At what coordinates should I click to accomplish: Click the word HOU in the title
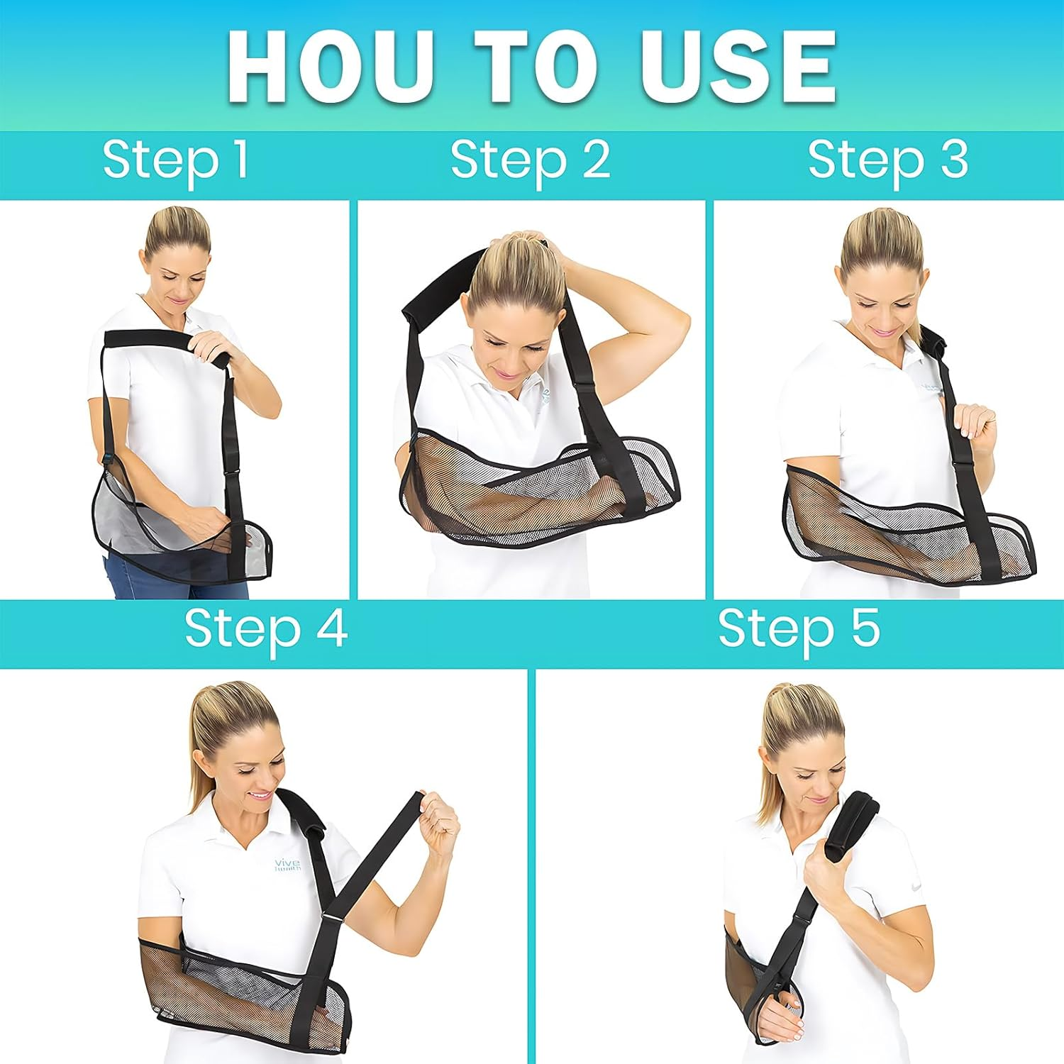point(330,67)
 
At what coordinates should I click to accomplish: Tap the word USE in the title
point(738,67)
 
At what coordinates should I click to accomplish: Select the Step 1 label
point(175,160)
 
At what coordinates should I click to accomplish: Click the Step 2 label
point(530,160)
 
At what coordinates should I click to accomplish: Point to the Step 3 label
point(887,160)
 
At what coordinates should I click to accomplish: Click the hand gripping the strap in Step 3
point(972,426)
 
